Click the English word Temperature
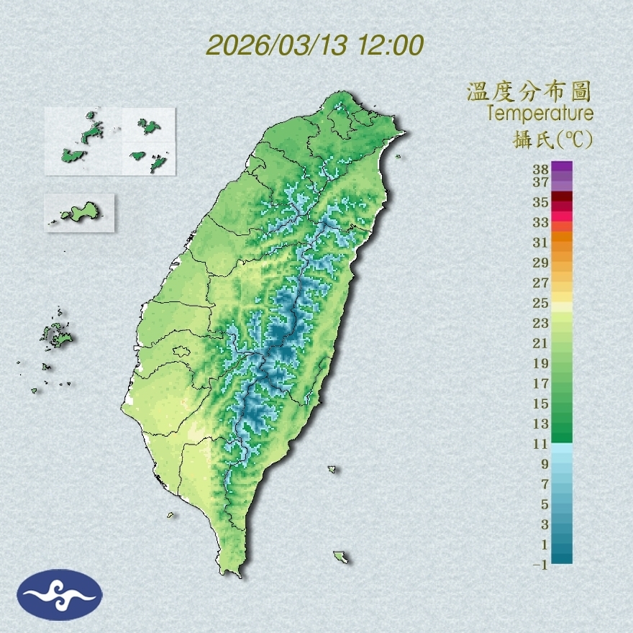539,114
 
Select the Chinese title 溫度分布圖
529,91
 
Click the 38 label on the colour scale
541,170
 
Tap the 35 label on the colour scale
541,202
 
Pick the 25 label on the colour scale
541,302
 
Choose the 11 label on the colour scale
541,444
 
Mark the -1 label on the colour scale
540,565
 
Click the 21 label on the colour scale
541,342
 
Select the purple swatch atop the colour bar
563,167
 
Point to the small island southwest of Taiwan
171,515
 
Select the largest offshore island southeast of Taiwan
340,557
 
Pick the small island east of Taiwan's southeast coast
332,470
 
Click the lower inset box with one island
79,212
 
